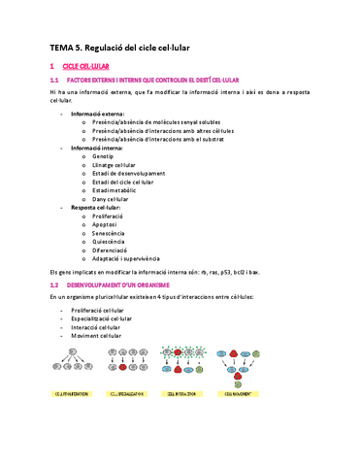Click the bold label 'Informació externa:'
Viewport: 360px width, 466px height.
point(97,113)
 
